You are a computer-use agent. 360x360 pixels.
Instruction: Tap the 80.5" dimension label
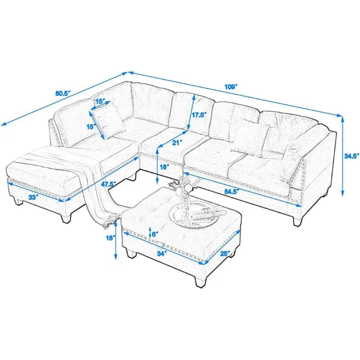click(63, 94)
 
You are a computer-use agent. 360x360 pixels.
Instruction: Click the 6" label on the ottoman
click(156, 234)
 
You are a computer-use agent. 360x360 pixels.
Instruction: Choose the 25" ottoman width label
click(225, 252)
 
